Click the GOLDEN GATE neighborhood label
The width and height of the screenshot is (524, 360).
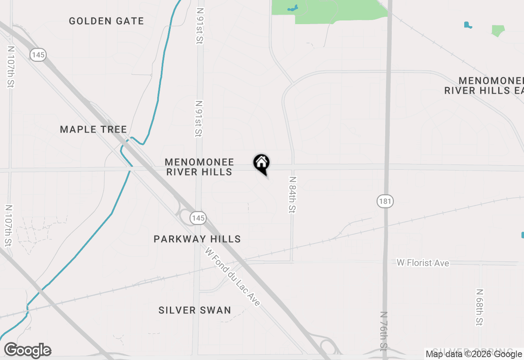coord(106,21)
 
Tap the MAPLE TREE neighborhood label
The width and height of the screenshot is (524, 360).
coord(93,130)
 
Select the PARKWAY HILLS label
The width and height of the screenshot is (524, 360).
coord(197,239)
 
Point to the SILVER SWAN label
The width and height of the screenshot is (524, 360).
coord(195,310)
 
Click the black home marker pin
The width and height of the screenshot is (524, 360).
coord(261,163)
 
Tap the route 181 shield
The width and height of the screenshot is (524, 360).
coord(385,201)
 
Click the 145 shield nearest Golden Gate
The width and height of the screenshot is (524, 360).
coord(38,54)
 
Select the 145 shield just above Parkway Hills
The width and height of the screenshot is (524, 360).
coord(198,218)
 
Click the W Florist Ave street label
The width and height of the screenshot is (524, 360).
coord(423,263)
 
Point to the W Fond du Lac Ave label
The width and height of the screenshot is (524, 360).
coord(233,277)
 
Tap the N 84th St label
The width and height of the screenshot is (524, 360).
coord(292,195)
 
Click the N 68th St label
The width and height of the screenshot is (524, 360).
coord(479,308)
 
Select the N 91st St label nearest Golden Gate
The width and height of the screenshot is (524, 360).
coord(200,25)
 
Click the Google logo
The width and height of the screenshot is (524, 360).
coord(28,351)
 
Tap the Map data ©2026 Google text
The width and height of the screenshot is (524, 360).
coord(474,354)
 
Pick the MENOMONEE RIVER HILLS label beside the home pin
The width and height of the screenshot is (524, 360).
coord(199,167)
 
